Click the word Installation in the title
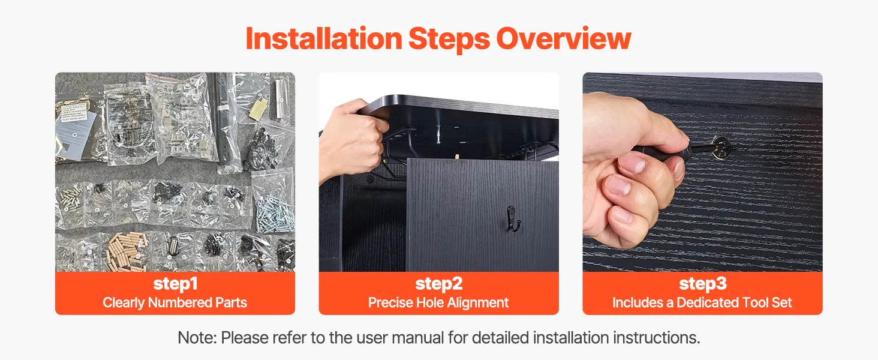(324, 38)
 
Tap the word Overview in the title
(564, 38)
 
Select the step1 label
(175, 284)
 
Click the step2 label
(439, 284)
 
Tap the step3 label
(703, 284)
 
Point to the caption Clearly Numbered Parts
(175, 303)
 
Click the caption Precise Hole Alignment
(438, 303)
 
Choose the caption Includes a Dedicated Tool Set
(702, 303)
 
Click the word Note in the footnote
(196, 338)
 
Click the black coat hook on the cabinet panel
(513, 218)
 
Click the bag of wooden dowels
(126, 251)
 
